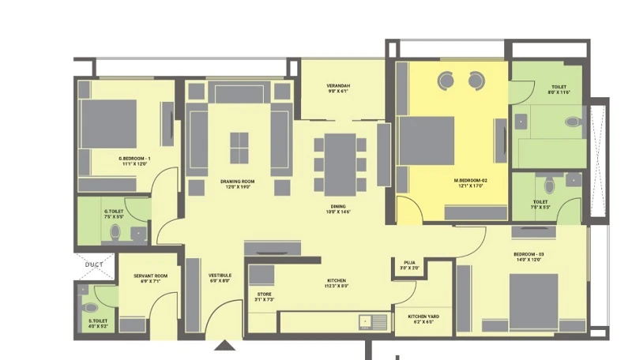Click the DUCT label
pos(93,264)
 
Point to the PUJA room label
pos(409,262)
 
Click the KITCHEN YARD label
pos(422,317)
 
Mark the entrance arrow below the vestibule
pos(226,345)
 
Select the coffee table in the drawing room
pos(239,147)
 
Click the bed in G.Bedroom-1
pos(108,123)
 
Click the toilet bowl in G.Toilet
pos(115,232)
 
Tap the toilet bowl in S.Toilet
pos(90,307)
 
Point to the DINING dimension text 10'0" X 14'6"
pos(337,211)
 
